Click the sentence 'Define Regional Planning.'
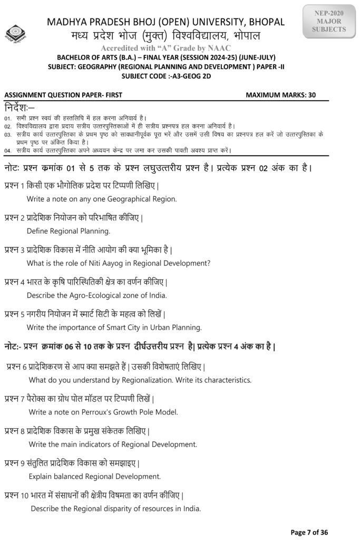[x=69, y=230]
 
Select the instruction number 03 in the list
[x=7, y=134]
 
